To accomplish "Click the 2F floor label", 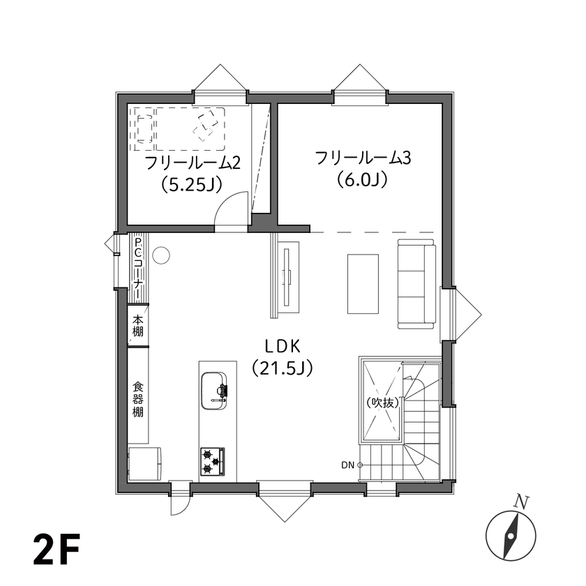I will click(x=55, y=551).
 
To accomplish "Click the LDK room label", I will click(x=282, y=345).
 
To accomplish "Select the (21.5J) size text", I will click(x=282, y=368).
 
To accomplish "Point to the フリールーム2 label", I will click(x=192, y=163).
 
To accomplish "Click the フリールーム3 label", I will click(x=363, y=158).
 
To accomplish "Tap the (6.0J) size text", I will click(x=362, y=180).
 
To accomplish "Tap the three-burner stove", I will click(x=213, y=461).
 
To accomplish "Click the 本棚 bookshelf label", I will click(x=138, y=326).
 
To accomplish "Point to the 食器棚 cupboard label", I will click(x=138, y=398).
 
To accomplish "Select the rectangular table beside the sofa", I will click(x=363, y=283).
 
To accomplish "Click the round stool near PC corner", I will click(x=160, y=256).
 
